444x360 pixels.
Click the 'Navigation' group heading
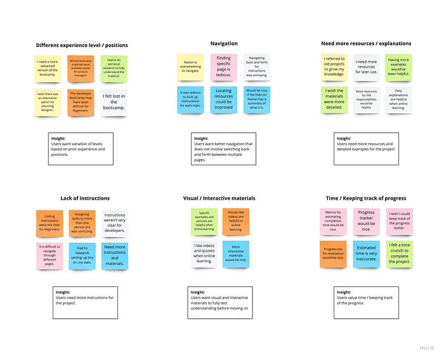click(x=223, y=44)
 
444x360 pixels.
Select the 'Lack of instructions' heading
click(x=85, y=198)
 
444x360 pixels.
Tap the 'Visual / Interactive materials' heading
click(x=223, y=198)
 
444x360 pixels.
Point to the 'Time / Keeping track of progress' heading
click(x=366, y=198)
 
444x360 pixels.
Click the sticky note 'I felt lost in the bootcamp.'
click(x=114, y=101)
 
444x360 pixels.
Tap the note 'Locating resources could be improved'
click(x=223, y=100)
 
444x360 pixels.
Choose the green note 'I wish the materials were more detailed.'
click(x=334, y=100)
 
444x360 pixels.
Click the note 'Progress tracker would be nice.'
click(x=366, y=222)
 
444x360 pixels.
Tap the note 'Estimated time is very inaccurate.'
click(x=366, y=254)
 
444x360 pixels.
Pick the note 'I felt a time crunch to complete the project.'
click(x=400, y=254)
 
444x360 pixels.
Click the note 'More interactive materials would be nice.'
click(x=235, y=254)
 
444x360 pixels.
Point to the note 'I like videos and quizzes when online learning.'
click(x=205, y=254)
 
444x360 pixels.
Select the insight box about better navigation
click(x=223, y=148)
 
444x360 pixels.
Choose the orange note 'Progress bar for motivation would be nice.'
click(x=333, y=254)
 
